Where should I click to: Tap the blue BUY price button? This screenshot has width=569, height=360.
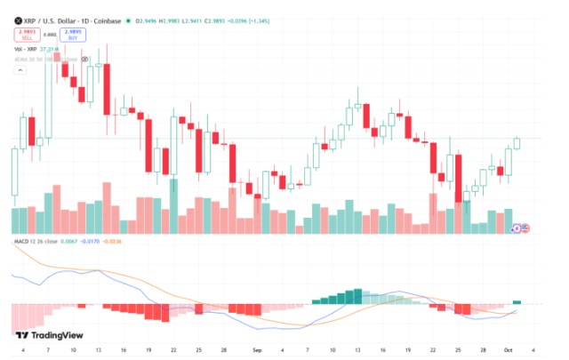pyautogui.click(x=73, y=35)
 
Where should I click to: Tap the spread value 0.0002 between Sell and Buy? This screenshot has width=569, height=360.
pyautogui.click(x=50, y=35)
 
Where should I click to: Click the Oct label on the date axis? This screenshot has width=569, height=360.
pyautogui.click(x=508, y=351)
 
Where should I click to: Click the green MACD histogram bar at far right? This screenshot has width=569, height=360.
pyautogui.click(x=517, y=302)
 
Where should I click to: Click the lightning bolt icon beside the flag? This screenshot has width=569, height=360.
pyautogui.click(x=517, y=228)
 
